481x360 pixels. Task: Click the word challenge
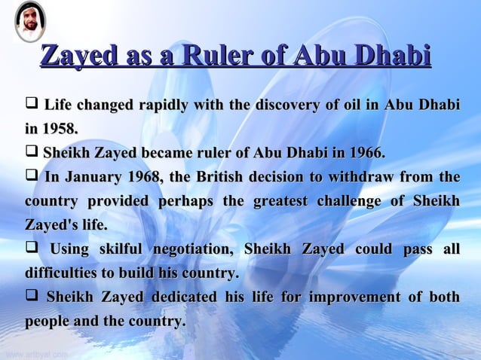[351, 203]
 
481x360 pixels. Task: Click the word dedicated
[185, 298]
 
